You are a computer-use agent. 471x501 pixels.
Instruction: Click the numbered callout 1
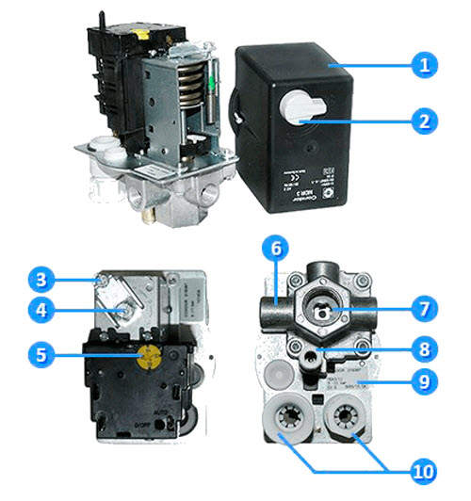pyautogui.click(x=425, y=66)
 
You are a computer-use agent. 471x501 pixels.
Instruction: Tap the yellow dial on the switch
pyautogui.click(x=148, y=355)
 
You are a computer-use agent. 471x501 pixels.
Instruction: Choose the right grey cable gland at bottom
pyautogui.click(x=348, y=416)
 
